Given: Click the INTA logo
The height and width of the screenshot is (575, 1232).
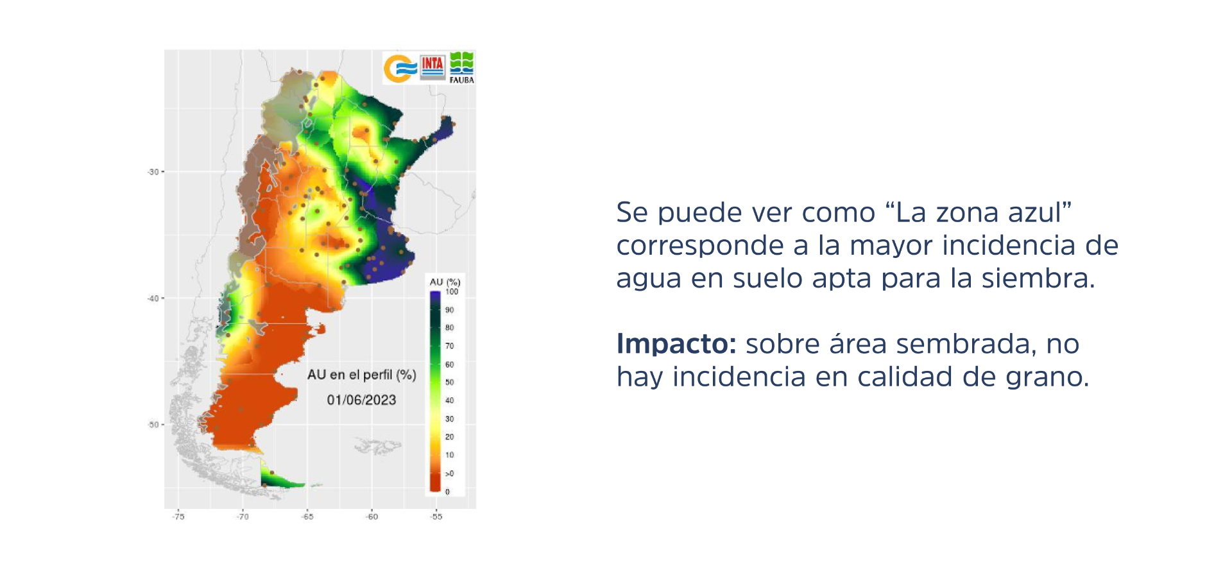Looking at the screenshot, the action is [x=432, y=67].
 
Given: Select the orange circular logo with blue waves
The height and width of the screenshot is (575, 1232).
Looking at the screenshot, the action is [x=399, y=69].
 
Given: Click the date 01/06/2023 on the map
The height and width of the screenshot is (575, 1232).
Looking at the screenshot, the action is [x=361, y=400].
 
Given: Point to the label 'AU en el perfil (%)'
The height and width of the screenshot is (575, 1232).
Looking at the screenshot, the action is [x=362, y=375].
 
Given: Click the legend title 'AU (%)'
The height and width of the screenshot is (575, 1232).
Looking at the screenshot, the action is [x=445, y=282].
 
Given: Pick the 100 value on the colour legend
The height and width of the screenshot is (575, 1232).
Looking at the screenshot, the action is [x=452, y=292].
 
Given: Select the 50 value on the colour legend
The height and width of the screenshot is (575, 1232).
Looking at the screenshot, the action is [x=449, y=382].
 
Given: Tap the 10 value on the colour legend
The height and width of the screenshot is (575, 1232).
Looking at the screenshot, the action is [x=449, y=455].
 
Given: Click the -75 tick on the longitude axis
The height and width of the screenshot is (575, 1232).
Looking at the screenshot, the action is [x=178, y=517].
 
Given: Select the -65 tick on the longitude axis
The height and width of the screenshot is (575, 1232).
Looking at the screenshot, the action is [x=307, y=517].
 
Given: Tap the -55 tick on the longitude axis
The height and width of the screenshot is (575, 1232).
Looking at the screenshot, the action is [x=436, y=517].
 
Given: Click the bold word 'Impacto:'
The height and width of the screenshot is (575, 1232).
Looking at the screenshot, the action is [x=676, y=345].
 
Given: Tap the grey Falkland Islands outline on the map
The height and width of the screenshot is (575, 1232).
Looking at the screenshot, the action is [x=378, y=445].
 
